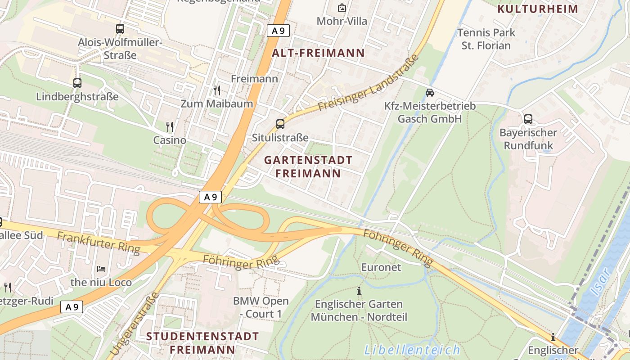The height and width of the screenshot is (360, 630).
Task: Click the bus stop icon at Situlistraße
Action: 280,124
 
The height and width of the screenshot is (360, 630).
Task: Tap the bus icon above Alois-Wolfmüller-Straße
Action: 120,29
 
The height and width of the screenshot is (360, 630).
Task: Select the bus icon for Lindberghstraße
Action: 77,83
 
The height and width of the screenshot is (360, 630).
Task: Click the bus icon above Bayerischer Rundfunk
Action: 528,119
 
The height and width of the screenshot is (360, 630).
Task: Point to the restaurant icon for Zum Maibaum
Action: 217,90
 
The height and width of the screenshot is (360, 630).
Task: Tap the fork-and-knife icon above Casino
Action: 170,127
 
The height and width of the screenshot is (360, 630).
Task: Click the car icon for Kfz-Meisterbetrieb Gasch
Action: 430,93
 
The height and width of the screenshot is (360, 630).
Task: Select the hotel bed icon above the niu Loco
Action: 101,269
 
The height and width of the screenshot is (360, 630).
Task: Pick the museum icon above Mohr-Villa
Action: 342,8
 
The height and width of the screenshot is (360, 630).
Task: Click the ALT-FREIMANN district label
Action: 318,53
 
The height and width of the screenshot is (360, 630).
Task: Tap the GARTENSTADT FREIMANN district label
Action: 308,166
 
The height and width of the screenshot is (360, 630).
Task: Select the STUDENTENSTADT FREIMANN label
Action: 202,342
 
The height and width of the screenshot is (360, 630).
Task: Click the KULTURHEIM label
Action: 538,9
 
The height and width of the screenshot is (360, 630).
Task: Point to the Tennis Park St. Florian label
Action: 486,39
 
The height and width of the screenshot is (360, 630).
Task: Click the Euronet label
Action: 381,267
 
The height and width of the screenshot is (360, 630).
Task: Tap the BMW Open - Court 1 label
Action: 261,307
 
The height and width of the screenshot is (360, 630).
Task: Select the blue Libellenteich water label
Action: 412,350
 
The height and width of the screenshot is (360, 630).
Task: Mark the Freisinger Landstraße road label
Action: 368,83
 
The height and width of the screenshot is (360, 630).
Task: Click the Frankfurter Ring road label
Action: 99,243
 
